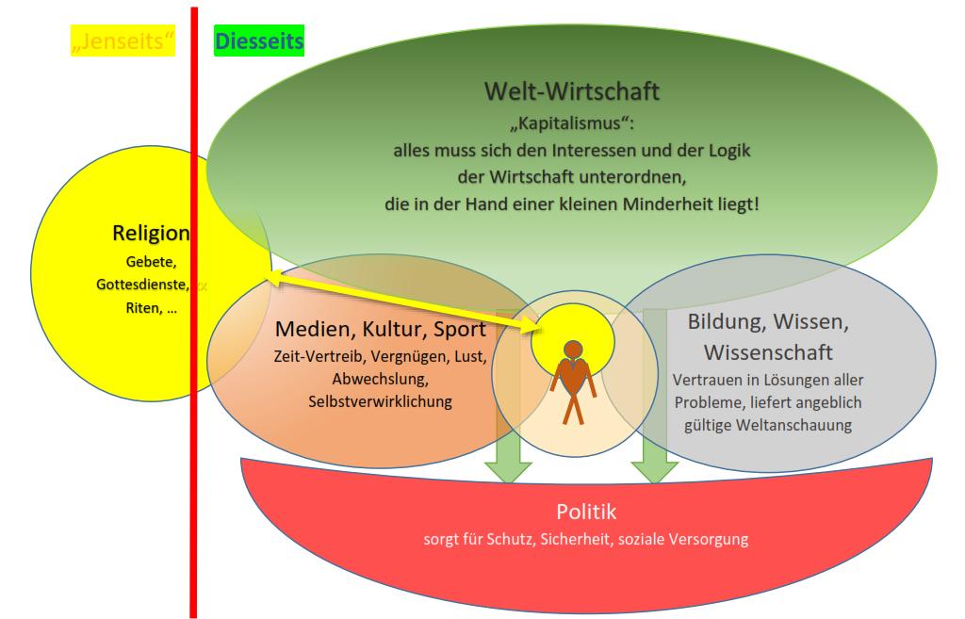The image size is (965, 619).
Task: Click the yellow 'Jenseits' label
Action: point(123,41)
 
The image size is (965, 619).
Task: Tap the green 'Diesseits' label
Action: point(258,41)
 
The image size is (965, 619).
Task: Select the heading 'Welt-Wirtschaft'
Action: point(571,91)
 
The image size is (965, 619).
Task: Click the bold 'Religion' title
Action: point(151,234)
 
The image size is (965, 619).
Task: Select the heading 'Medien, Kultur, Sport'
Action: point(381,330)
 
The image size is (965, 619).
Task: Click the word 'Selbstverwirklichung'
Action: point(381,401)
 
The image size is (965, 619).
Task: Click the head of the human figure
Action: point(572,350)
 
